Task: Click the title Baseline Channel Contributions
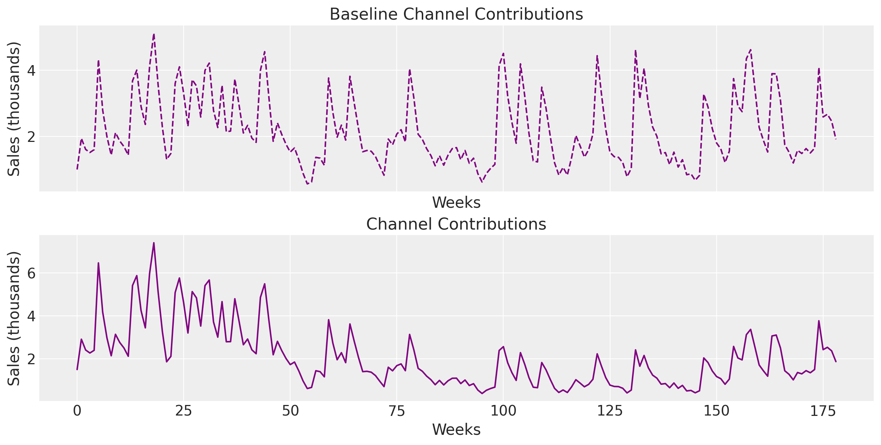pos(456,15)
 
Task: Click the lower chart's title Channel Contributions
pos(456,224)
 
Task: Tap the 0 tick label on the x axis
pos(77,411)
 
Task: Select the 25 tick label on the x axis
pos(184,411)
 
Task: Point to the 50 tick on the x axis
pos(290,411)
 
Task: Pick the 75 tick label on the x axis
pos(397,411)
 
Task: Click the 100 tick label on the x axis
pos(503,411)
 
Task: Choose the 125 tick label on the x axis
pos(610,411)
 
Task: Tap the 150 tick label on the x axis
pos(717,411)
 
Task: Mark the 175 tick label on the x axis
pos(823,411)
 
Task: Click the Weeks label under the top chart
pos(456,203)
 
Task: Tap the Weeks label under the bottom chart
pos(456,430)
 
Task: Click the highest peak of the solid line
pos(154,243)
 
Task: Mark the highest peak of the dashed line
pos(154,34)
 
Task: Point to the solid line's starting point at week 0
pos(77,370)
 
